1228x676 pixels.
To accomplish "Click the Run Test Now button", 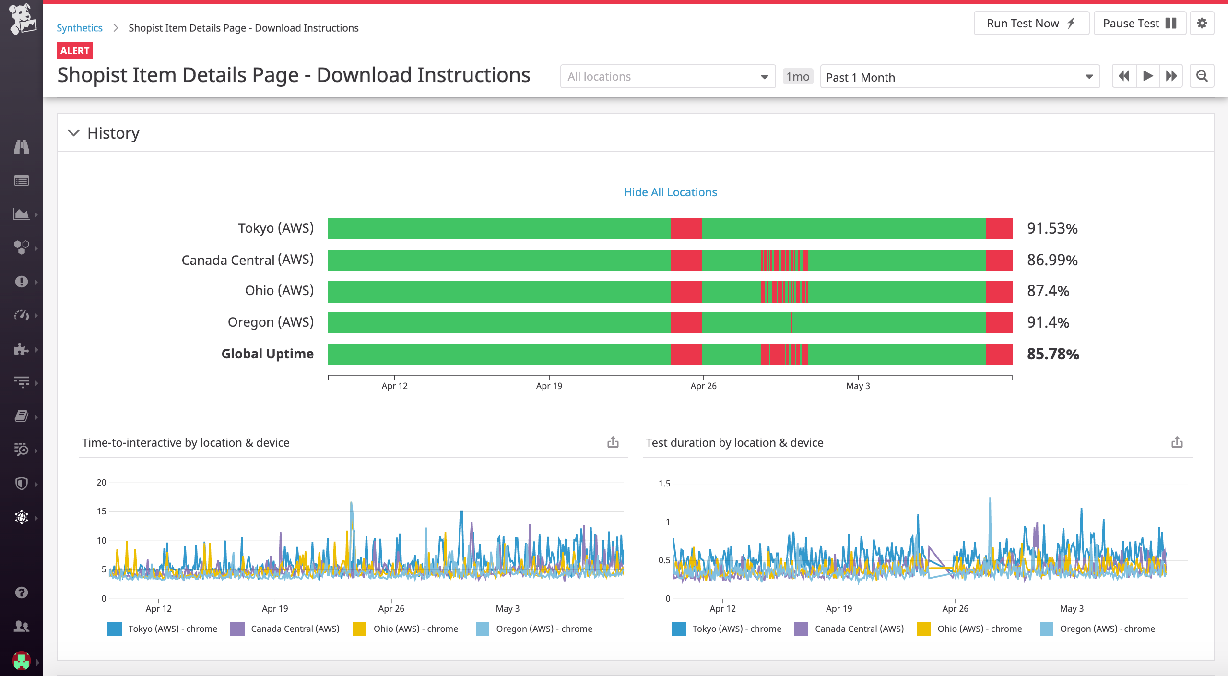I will [x=1031, y=24].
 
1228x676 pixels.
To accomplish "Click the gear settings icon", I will [x=1202, y=24].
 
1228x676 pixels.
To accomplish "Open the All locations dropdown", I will [x=667, y=77].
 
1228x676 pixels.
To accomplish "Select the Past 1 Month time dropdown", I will [x=959, y=77].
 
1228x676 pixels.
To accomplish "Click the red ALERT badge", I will [x=75, y=51].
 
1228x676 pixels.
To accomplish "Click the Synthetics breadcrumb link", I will [x=80, y=28].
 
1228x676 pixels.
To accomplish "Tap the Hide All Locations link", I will [x=670, y=192].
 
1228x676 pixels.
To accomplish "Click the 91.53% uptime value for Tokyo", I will [x=1052, y=229].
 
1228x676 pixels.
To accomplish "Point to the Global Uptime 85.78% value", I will [x=1053, y=355].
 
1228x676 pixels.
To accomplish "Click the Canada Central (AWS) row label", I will [x=248, y=260].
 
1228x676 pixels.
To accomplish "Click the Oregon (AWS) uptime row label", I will [x=271, y=322].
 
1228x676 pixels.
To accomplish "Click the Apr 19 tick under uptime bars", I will [x=549, y=386].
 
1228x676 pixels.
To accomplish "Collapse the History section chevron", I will [x=73, y=133].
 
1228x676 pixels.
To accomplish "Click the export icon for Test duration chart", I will [x=1177, y=442].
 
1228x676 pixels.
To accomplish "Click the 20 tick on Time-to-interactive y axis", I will [x=101, y=483].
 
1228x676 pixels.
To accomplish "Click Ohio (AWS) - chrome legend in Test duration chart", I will [x=979, y=629].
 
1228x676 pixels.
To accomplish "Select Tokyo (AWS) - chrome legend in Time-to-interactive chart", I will [x=172, y=629].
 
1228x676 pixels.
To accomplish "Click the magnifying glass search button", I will [x=1202, y=76].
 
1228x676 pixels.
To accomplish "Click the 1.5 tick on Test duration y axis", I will [x=664, y=484].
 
